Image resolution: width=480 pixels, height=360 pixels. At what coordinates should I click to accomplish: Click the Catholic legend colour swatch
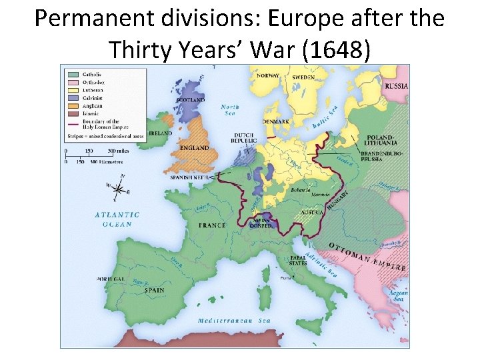(x=73, y=75)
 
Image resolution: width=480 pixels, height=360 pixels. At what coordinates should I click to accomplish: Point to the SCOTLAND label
(x=189, y=101)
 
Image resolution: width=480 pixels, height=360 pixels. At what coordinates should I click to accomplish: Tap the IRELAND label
(x=160, y=133)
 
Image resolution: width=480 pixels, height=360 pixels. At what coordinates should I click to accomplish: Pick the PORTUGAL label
(x=111, y=279)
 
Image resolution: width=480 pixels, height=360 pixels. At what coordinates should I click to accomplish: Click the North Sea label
(x=230, y=110)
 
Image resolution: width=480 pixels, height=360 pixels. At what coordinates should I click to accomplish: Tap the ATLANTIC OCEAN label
(x=117, y=219)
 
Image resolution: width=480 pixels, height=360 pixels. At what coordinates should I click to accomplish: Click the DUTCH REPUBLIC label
(x=243, y=139)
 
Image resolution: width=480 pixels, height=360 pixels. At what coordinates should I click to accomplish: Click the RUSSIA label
(x=397, y=86)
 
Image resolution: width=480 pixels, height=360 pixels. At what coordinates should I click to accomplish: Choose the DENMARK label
(x=275, y=122)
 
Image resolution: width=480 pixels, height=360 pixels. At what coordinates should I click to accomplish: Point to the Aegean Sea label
(x=399, y=296)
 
